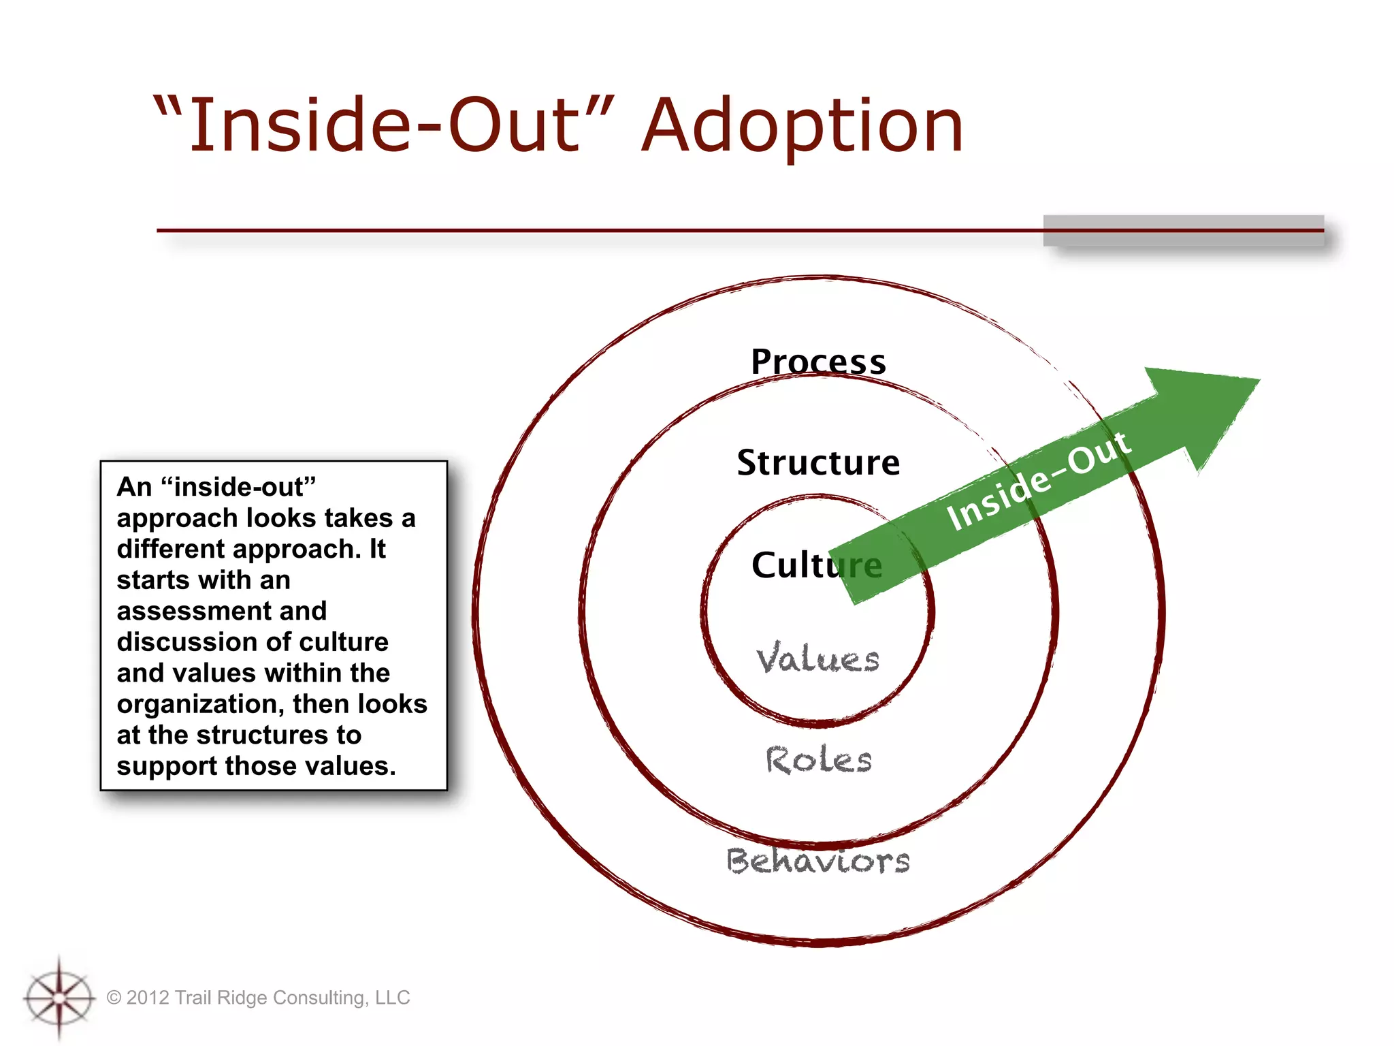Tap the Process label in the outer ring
click(x=818, y=361)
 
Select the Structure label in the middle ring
click(x=818, y=463)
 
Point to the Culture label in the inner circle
click(x=796, y=565)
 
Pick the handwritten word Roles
click(x=818, y=760)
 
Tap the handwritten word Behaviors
click(x=818, y=861)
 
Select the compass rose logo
click(x=59, y=998)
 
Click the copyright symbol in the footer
click(x=114, y=998)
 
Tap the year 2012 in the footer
click(x=148, y=998)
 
